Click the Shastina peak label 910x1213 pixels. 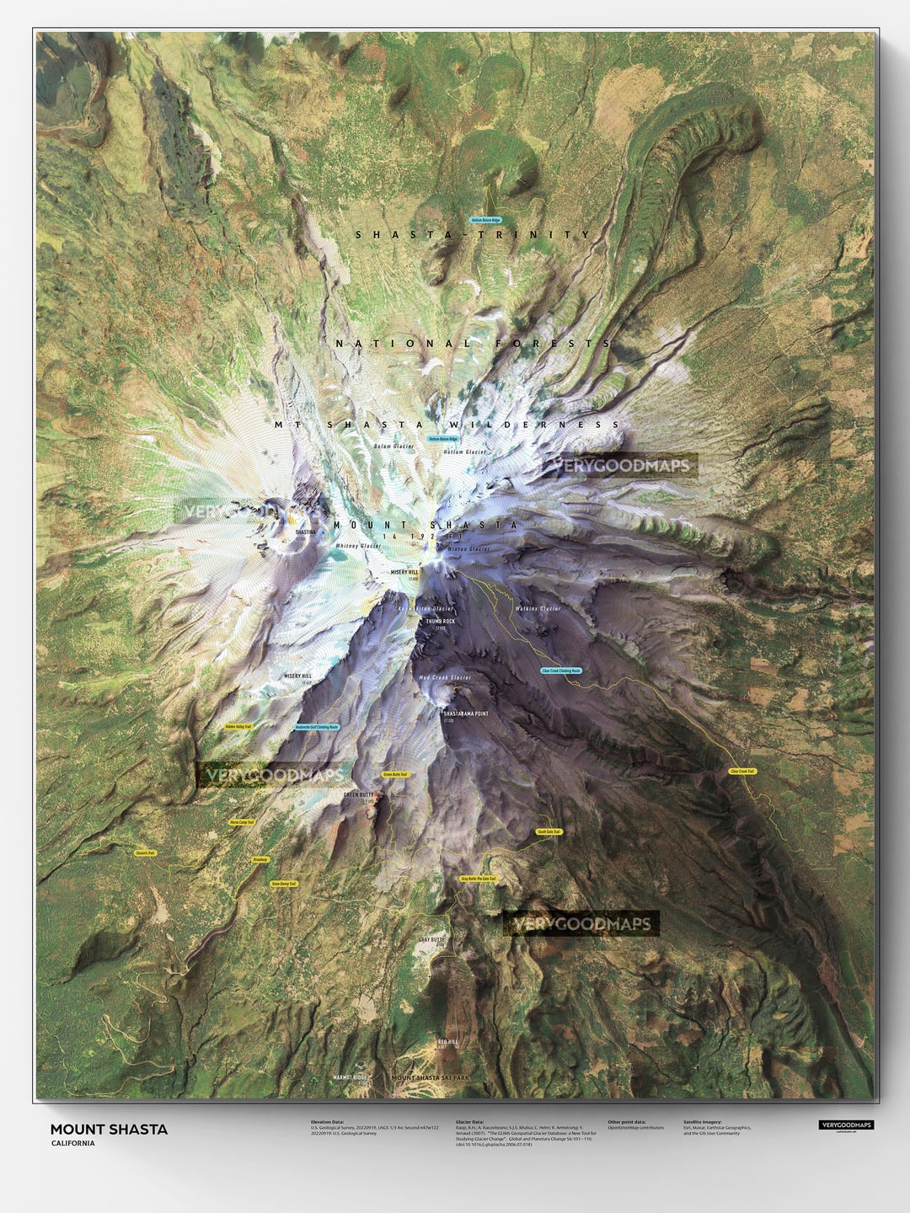coord(305,532)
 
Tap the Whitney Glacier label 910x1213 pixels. coord(359,547)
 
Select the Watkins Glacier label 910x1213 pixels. coord(538,608)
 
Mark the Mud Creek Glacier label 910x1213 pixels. coord(444,677)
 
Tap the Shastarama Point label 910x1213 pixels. coord(466,713)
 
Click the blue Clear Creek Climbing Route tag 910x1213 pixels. coord(561,671)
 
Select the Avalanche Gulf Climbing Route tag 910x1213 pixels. coord(317,726)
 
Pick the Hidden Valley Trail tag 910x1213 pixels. coord(239,725)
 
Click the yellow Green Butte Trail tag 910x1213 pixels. coord(395,773)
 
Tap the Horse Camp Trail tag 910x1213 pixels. coord(242,821)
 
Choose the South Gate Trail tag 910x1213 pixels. coord(549,831)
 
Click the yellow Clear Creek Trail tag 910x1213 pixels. coord(742,771)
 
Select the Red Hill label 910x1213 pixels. coord(447,1042)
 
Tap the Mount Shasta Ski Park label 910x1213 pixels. coord(431,1077)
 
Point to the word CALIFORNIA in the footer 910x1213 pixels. coord(72,1144)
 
